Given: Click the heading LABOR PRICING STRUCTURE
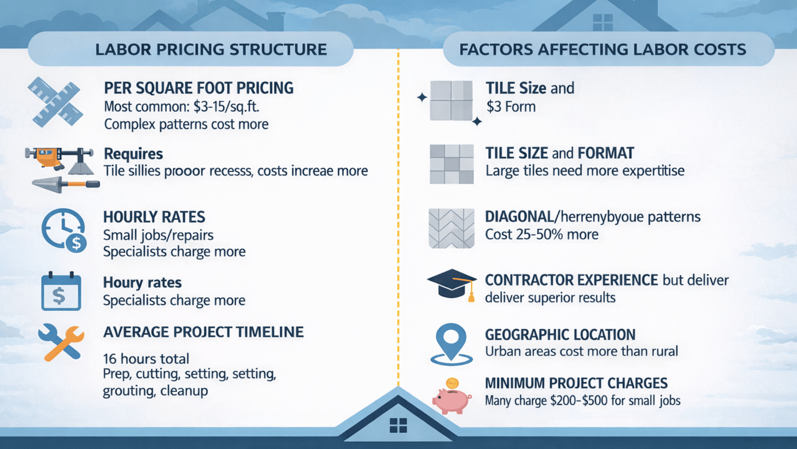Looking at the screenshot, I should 211,49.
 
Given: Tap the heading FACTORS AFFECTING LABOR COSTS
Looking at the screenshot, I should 602,49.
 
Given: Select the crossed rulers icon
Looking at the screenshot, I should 56,102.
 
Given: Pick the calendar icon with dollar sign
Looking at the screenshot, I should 61,292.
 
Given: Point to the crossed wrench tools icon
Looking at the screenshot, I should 61,342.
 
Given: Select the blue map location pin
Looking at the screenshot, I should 451,343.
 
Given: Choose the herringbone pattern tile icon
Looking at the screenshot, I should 451,228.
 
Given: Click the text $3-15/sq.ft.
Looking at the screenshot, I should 226,107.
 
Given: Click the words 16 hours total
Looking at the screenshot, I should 146,359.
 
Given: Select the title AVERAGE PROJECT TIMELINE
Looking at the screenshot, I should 203,332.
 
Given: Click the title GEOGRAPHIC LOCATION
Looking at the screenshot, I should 560,335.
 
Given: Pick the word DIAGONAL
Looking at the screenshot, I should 519,217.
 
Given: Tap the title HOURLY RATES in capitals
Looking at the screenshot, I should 154,217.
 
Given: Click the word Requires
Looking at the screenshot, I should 133,154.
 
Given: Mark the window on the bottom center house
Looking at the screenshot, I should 398,425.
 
